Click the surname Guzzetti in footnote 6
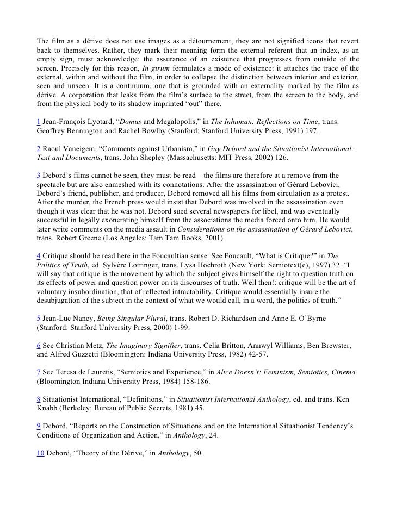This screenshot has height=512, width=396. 81,354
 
